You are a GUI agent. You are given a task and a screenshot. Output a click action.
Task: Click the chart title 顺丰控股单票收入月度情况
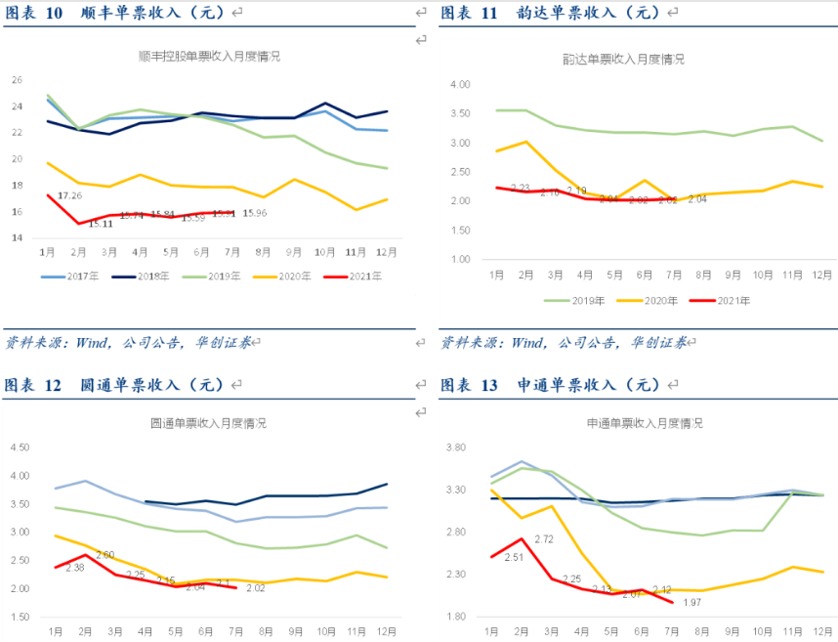click(209, 57)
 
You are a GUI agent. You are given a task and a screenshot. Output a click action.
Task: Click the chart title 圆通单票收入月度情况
click(208, 424)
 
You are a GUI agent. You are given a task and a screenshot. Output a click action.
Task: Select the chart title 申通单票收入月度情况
click(644, 424)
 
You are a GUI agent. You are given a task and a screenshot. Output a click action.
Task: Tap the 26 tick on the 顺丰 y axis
click(16, 79)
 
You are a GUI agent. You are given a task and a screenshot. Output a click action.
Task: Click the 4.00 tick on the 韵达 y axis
click(460, 85)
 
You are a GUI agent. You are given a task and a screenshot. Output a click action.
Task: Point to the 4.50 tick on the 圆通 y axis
click(21, 449)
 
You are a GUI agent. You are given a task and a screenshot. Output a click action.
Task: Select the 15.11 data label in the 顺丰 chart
click(101, 224)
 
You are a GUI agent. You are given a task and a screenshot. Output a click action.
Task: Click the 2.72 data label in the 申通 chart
click(544, 538)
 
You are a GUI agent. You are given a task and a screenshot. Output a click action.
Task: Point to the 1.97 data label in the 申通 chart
click(692, 603)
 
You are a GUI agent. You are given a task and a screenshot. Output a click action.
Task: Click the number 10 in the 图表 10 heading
click(55, 13)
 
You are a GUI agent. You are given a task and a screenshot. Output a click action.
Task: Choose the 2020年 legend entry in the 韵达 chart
click(650, 301)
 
